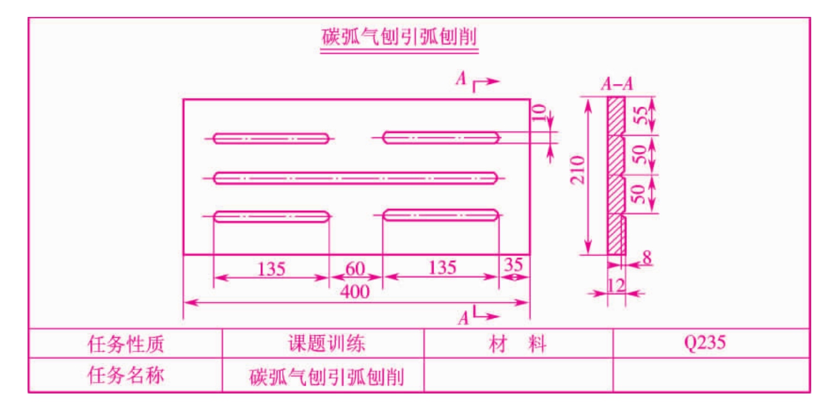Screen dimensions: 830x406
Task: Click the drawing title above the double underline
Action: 399,36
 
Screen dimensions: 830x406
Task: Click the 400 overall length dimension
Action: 355,292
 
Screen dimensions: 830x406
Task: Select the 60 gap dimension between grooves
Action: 355,269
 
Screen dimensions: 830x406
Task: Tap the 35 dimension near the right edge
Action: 513,265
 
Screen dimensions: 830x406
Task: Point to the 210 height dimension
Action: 577,170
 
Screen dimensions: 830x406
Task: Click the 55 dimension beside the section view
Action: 641,115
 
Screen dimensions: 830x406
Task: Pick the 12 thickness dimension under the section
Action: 616,286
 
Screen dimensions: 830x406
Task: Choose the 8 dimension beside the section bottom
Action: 646,257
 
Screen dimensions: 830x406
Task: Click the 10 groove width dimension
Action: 538,113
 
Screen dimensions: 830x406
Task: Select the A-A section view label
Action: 617,84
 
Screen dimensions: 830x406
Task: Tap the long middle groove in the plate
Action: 355,178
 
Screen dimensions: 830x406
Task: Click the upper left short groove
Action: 271,139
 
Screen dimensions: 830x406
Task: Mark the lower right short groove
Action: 441,215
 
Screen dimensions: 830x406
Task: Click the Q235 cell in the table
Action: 705,343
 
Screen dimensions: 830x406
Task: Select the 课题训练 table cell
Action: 327,343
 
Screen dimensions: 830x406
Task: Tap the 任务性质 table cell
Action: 125,344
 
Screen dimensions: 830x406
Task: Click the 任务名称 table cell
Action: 125,375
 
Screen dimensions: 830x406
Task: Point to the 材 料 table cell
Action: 518,344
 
